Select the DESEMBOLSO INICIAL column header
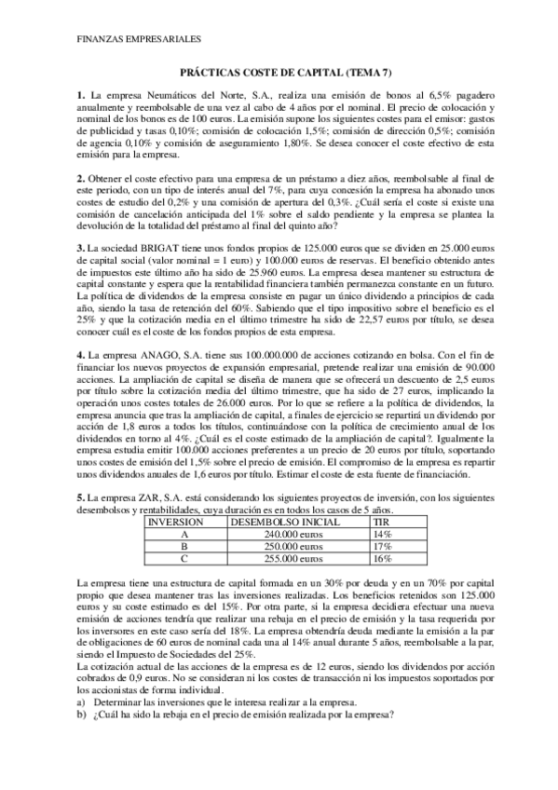265,523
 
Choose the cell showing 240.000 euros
264,535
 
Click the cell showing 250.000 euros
264,547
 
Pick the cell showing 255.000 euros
264,559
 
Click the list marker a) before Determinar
82,702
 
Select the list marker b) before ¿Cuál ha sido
82,715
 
